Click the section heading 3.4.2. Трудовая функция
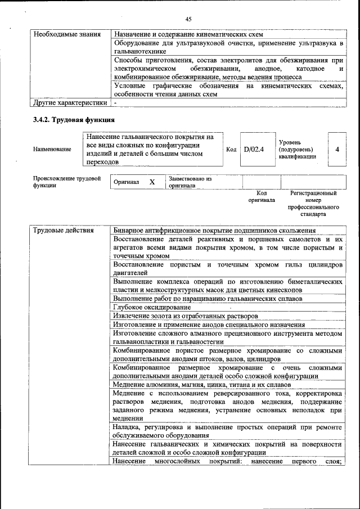click(x=74, y=120)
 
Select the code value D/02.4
click(x=254, y=149)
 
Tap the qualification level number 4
click(x=337, y=149)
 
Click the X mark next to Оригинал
click(x=152, y=182)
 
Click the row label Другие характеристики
click(x=70, y=103)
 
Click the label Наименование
click(x=52, y=149)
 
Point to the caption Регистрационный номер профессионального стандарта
click(x=313, y=204)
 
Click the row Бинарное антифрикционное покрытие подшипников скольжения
click(x=214, y=231)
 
